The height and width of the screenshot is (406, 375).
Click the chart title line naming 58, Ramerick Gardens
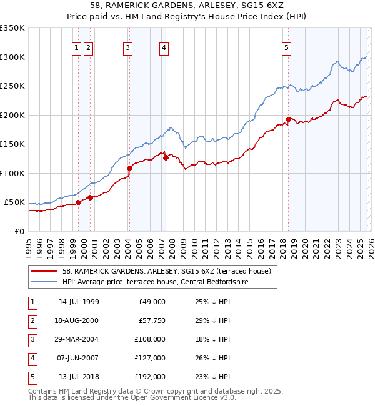[x=187, y=6]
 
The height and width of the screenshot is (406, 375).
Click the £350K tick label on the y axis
[x=12, y=28]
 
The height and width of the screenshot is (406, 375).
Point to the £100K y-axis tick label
[x=12, y=173]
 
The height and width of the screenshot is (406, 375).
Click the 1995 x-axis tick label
[x=29, y=247]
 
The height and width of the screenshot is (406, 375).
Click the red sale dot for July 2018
[x=288, y=119]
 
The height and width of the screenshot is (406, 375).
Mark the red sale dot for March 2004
[x=130, y=168]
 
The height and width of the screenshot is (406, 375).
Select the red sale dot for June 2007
[x=166, y=157]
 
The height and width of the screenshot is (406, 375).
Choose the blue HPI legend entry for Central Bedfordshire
[x=156, y=282]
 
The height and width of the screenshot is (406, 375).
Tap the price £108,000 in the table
[x=150, y=339]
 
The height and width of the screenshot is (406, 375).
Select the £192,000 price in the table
[x=150, y=377]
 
